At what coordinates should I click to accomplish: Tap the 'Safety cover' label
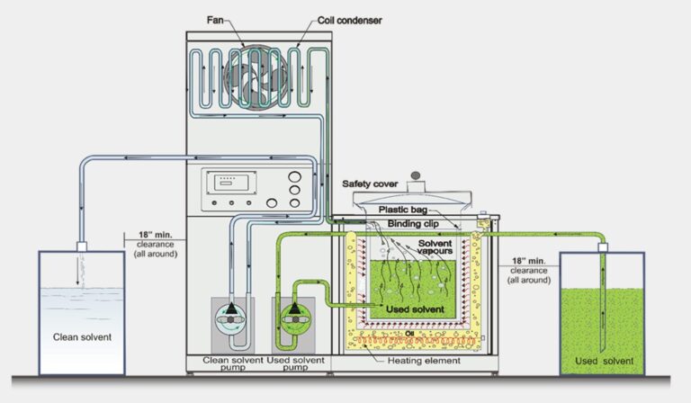pyautogui.click(x=370, y=184)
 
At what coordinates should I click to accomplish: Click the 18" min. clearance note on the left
pyautogui.click(x=154, y=245)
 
